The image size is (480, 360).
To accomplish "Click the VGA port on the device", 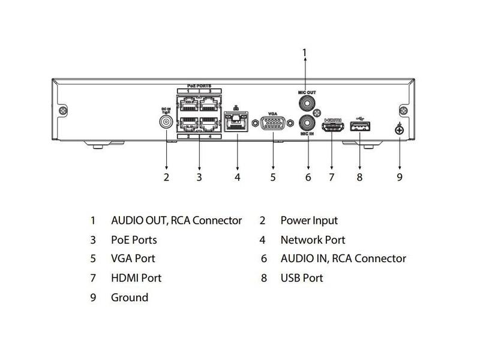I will point(273,124).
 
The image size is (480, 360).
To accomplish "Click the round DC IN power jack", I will point(166,122).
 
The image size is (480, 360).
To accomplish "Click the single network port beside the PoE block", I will point(236,121).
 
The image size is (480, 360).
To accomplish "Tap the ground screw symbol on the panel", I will point(399,128).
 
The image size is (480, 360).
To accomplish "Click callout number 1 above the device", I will point(304,53).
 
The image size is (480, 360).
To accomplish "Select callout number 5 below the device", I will point(272,177).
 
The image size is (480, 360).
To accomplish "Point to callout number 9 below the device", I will point(400,177).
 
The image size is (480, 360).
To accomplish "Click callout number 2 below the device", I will point(166,177).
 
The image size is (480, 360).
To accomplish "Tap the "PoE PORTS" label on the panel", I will point(198,86).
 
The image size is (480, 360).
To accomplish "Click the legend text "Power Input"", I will point(309,221).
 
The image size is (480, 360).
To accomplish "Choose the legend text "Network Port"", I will point(313,240).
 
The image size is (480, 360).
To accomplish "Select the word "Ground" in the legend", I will point(130,298).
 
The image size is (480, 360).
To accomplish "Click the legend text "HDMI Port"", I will point(136,278).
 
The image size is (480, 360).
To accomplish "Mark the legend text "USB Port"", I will point(302,278).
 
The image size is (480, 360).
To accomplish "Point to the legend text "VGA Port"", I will point(133,259).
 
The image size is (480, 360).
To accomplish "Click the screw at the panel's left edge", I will point(62,111).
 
